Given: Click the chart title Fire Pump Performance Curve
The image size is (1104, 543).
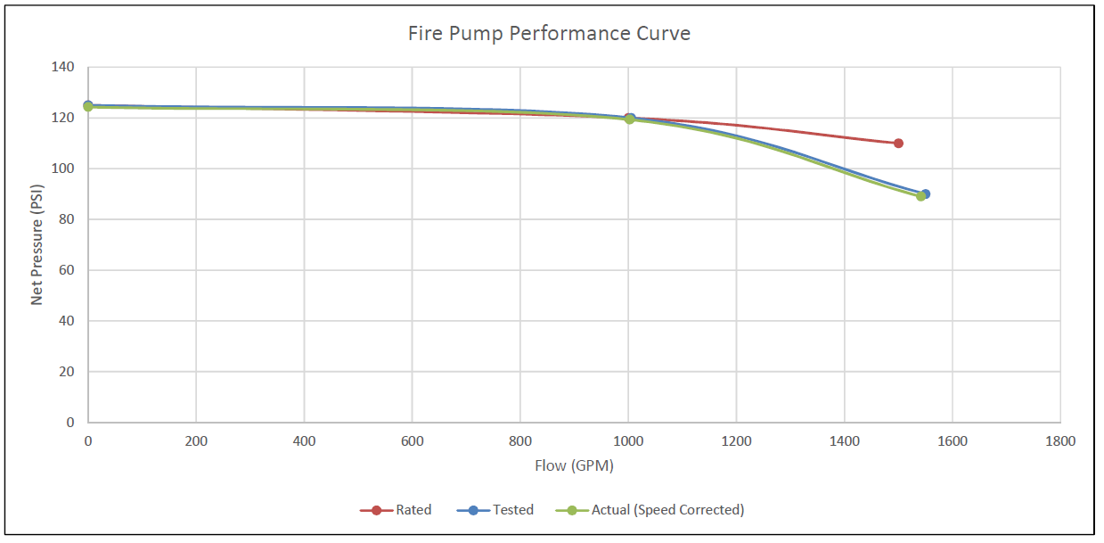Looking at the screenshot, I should pos(549,34).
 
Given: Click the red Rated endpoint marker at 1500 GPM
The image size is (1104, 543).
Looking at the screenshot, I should pos(898,144).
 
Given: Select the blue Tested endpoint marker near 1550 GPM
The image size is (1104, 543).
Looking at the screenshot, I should pos(926,193).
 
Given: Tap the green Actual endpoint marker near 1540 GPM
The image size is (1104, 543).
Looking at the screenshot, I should pos(920,196).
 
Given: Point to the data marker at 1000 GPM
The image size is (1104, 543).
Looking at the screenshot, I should pos(629,119).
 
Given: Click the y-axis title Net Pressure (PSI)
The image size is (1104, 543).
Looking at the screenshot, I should pos(37,244).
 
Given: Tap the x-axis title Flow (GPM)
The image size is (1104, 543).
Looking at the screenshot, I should pos(574,465).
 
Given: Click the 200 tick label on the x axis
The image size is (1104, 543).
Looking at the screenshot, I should pos(195,440).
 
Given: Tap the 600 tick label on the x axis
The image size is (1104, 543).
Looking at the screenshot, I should pos(412,440).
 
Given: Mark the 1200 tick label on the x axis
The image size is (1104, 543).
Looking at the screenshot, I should pos(736,440).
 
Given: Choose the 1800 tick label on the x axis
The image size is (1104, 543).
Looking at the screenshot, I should pos(1060,440).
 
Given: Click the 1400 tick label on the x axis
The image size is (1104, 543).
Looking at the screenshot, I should pos(844,440).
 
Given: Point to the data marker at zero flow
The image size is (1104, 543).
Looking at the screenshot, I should pos(88,106).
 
